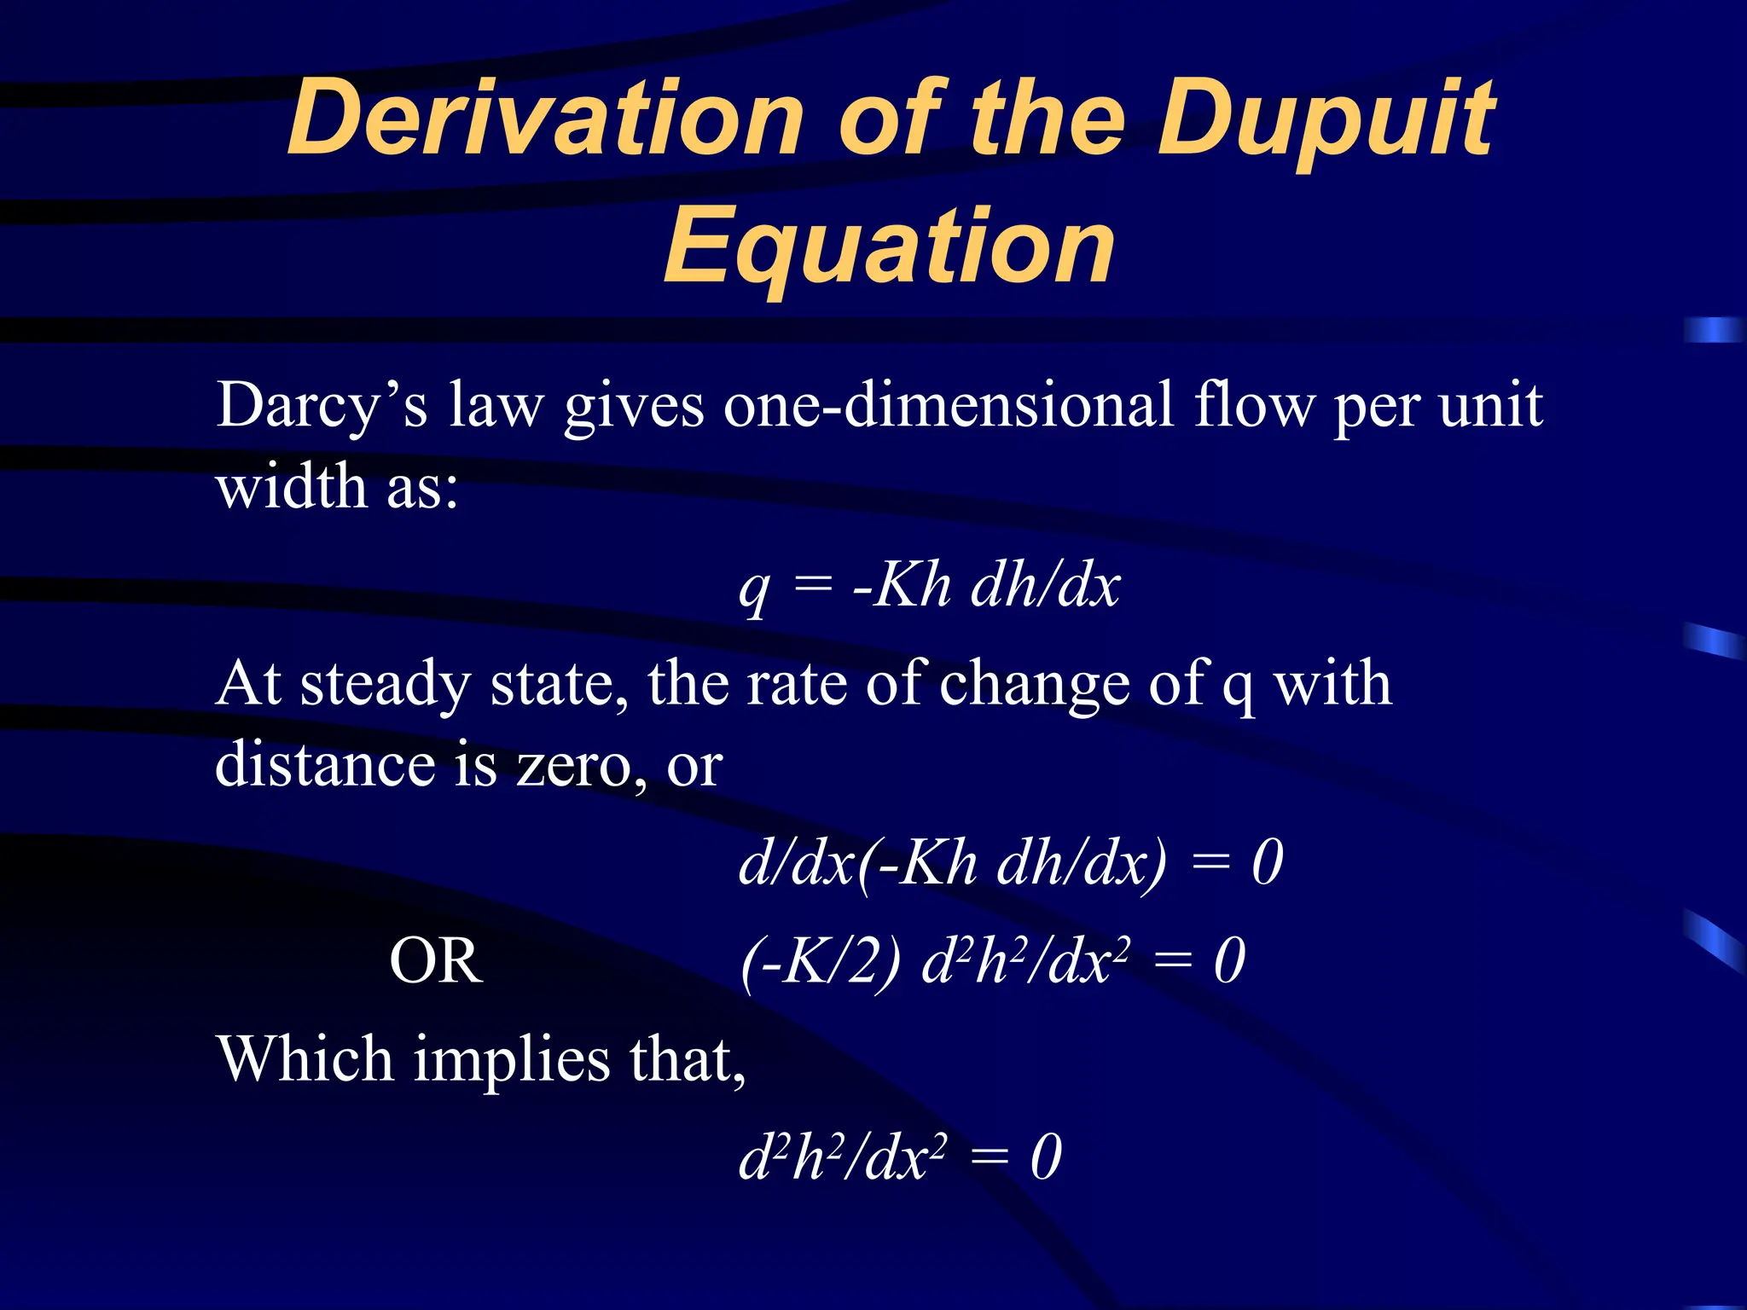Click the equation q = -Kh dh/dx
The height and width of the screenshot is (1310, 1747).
click(x=929, y=587)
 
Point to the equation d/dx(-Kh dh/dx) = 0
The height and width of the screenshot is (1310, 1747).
click(x=1010, y=863)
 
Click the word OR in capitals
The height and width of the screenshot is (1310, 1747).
click(x=436, y=961)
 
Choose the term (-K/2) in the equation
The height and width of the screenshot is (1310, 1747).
click(x=820, y=961)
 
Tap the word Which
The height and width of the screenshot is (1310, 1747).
click(x=305, y=1059)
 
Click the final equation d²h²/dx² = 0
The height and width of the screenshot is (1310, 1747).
click(x=900, y=1158)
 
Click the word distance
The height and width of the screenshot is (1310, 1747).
click(x=324, y=764)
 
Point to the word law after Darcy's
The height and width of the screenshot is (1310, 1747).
click(x=495, y=406)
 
